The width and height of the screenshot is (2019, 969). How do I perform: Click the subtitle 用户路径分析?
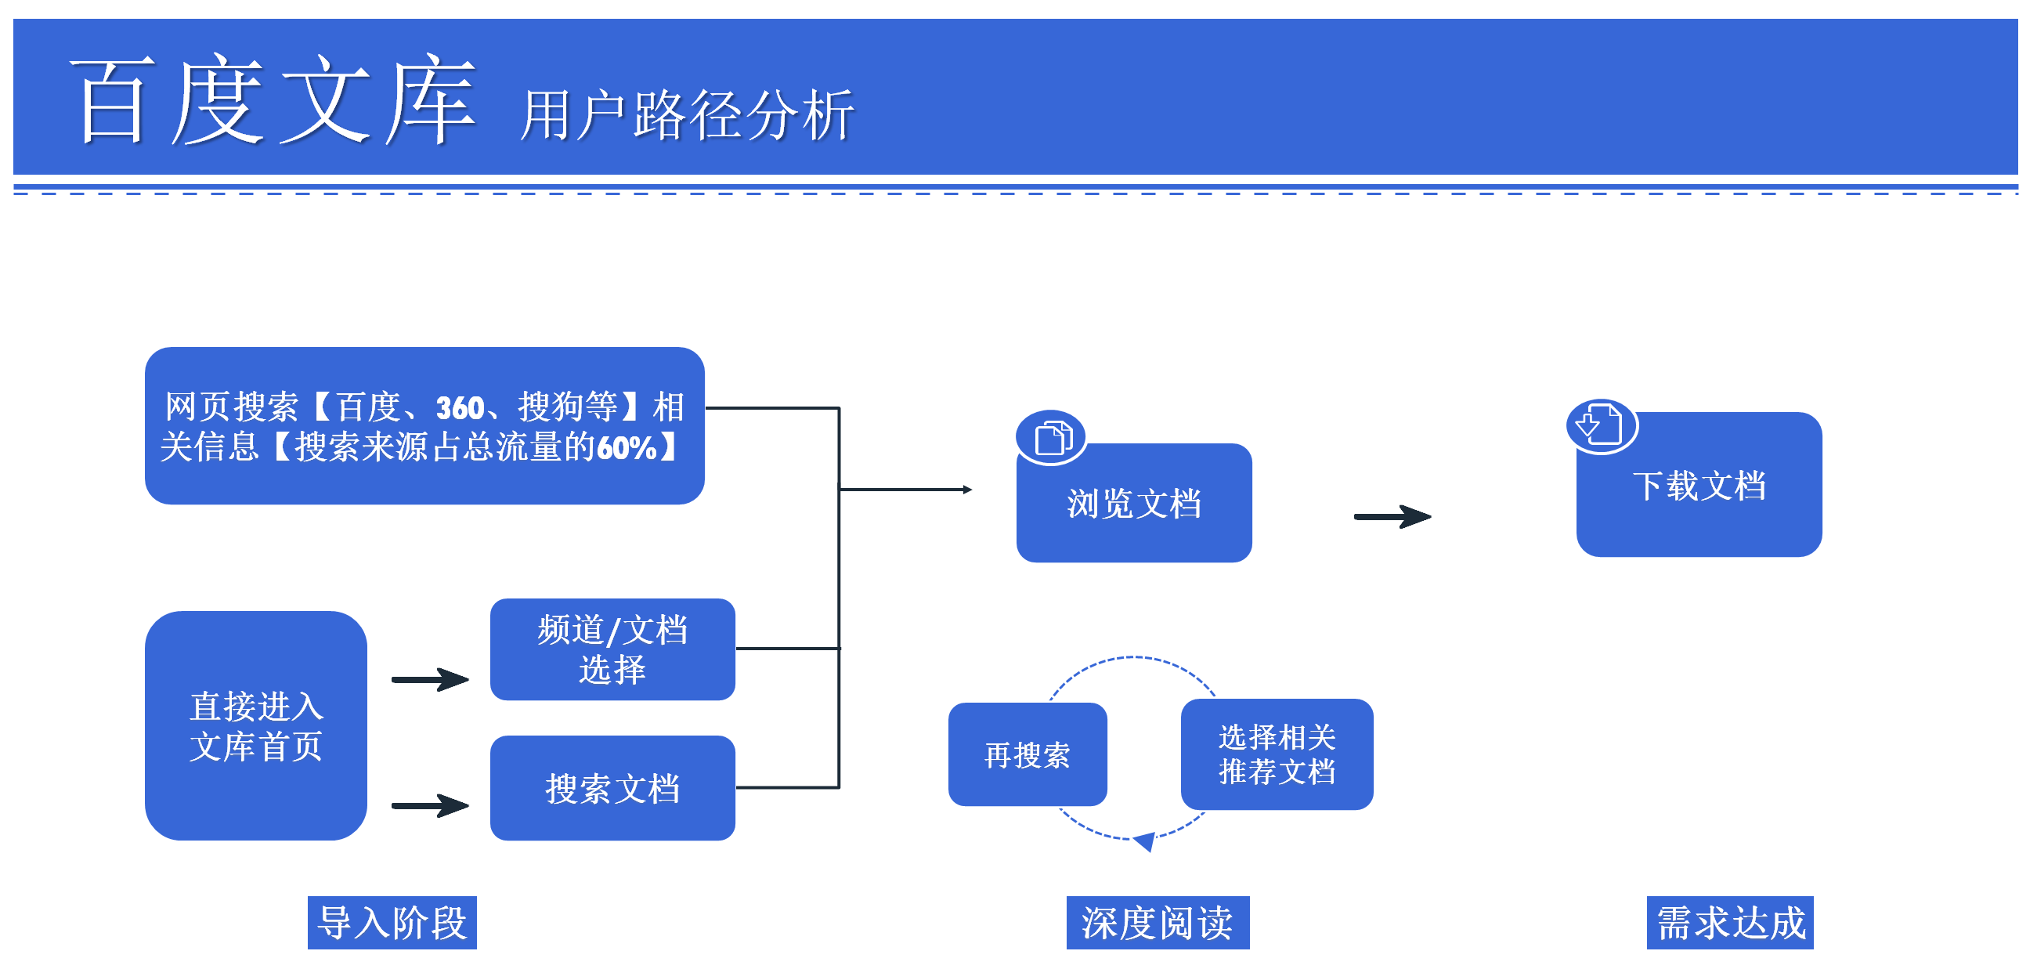[687, 115]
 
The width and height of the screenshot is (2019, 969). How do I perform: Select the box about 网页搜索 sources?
[424, 425]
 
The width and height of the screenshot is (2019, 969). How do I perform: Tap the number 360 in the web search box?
[460, 407]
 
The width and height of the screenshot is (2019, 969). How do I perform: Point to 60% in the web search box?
[627, 447]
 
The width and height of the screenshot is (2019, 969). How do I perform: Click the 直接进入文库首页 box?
[256, 725]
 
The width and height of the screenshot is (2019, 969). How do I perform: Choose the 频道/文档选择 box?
[613, 649]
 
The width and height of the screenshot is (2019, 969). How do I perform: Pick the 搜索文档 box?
[613, 788]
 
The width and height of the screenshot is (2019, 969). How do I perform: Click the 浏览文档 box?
[1134, 503]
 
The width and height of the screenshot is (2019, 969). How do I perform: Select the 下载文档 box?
[1699, 484]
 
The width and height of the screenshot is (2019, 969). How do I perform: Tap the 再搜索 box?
[1028, 754]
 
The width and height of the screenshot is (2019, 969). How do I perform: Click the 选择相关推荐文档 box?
[1277, 754]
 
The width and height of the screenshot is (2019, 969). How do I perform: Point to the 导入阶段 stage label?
[392, 923]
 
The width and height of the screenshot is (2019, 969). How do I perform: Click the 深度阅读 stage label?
[1158, 923]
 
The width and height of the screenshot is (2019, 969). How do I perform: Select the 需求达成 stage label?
[1731, 923]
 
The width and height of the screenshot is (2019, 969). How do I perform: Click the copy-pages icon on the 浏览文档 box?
[1051, 437]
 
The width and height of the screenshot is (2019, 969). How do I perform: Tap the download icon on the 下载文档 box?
[1602, 425]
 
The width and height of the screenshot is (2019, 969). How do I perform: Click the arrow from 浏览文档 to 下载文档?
[1392, 517]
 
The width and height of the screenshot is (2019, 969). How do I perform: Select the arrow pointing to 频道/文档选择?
[430, 679]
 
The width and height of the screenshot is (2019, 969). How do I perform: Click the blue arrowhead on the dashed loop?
[1146, 841]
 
